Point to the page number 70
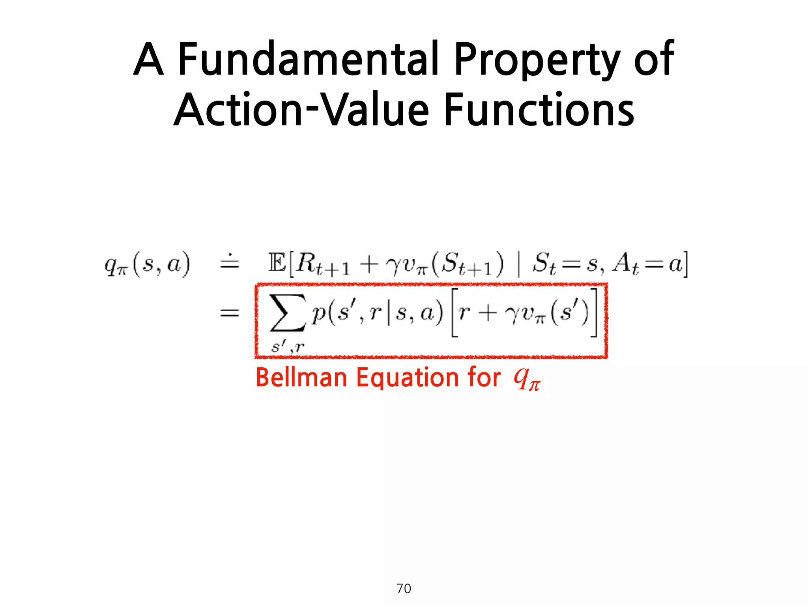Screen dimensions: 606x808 (x=404, y=589)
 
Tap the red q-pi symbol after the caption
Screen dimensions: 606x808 (x=527, y=380)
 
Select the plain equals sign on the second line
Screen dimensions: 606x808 (x=230, y=314)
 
